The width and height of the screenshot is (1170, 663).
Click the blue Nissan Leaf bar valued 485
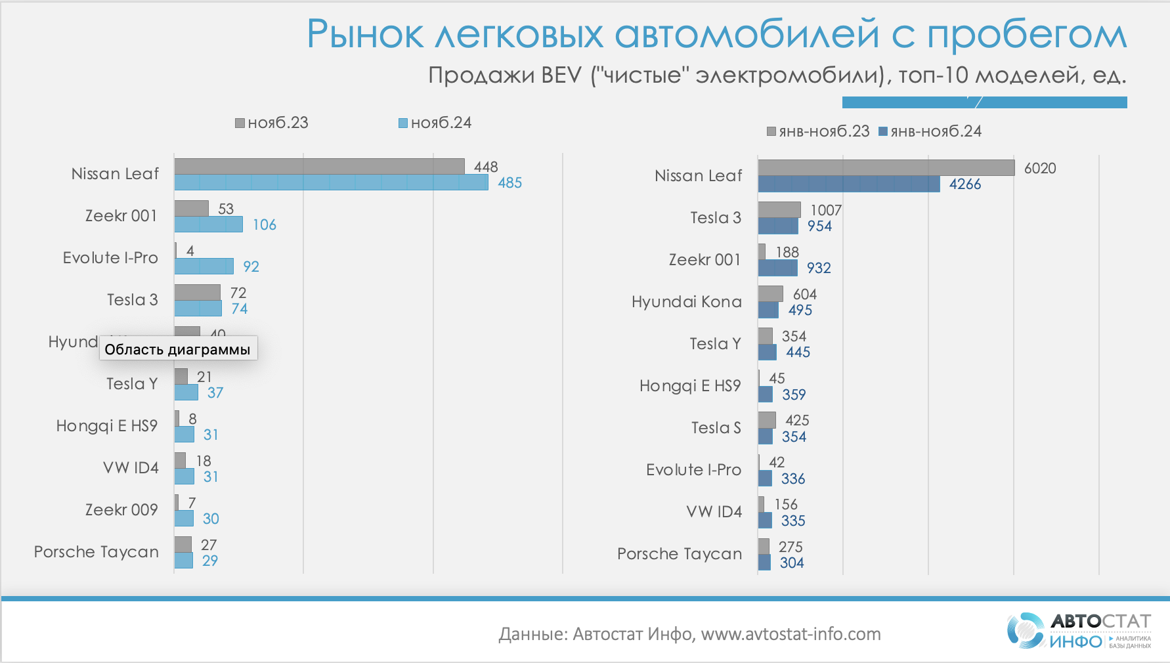[331, 182]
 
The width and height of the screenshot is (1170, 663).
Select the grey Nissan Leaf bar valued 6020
[886, 168]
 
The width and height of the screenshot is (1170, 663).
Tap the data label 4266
[964, 184]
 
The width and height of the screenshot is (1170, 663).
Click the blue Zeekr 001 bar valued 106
[208, 225]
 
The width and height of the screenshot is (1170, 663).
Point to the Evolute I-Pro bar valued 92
[204, 267]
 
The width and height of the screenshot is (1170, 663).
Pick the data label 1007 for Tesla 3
[825, 210]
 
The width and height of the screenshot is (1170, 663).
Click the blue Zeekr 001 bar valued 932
[777, 268]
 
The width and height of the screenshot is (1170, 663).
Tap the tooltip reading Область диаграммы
[178, 349]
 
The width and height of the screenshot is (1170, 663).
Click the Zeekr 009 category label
[121, 510]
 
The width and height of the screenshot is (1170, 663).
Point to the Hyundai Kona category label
[686, 302]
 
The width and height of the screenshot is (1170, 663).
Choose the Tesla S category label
[716, 428]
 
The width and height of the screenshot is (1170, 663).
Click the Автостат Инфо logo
[1079, 631]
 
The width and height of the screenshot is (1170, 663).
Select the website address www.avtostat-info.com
[791, 634]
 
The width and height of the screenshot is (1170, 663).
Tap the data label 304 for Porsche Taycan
[792, 563]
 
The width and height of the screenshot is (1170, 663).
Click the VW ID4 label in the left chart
[131, 468]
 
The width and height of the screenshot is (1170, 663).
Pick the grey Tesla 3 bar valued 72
[197, 292]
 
